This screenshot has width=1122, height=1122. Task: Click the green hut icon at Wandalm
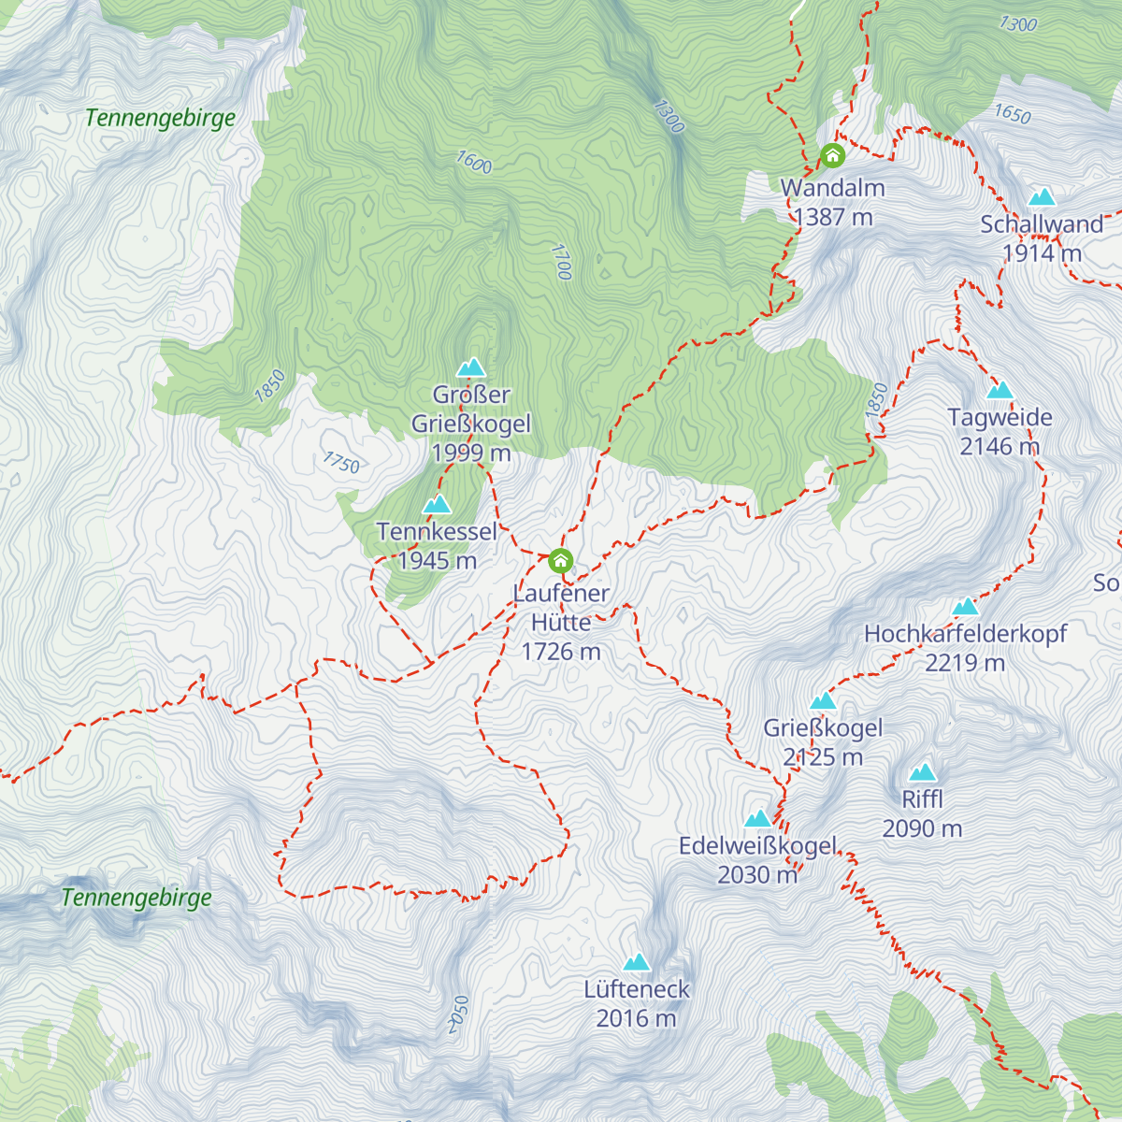pos(832,155)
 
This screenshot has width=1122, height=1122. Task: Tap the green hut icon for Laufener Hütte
pos(560,561)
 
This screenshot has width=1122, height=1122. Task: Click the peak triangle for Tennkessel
pos(437,505)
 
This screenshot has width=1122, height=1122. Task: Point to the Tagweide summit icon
pos(1000,390)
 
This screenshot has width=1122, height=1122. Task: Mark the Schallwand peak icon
pos(1042,196)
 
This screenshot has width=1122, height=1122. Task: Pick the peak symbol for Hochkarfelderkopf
pos(965,607)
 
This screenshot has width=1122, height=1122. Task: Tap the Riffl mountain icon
pos(923,772)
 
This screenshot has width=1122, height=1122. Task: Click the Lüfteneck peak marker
pos(637,962)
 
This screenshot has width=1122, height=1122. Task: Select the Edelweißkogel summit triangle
pos(757,819)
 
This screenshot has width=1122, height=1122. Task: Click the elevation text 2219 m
pos(965,663)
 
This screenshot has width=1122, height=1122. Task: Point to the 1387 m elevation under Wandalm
pos(833,217)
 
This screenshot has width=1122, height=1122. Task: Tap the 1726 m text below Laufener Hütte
pos(561,652)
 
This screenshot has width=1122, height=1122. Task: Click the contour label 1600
pos(474,163)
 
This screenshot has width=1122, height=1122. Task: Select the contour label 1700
pos(561,262)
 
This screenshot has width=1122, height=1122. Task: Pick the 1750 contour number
pos(341,462)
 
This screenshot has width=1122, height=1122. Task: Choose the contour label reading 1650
pos(1012,114)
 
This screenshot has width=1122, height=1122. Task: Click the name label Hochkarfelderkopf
pos(965,634)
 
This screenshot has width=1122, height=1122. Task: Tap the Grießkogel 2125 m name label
pos(823,728)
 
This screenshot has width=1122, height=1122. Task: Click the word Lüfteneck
pos(637,989)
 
